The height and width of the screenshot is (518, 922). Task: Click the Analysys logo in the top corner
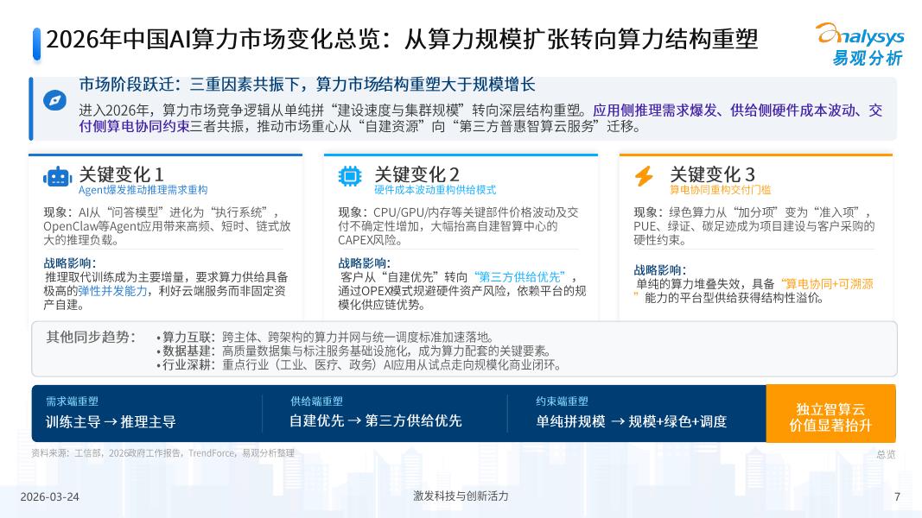[x=860, y=44]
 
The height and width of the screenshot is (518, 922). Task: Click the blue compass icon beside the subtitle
[x=55, y=100]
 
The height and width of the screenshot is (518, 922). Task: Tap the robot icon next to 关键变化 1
[x=57, y=177]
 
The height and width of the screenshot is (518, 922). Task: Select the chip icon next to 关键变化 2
[x=350, y=177]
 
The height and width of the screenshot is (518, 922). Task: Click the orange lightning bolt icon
[x=644, y=177]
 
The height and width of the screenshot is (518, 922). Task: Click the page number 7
[x=897, y=497]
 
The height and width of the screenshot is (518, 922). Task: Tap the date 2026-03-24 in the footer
[x=49, y=497]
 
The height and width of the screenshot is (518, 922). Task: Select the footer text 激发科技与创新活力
[x=461, y=496]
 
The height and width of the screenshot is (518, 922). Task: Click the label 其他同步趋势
[x=90, y=337]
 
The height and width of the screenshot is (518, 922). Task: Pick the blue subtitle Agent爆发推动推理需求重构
[x=143, y=190]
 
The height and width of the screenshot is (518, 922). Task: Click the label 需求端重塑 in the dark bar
[x=72, y=401]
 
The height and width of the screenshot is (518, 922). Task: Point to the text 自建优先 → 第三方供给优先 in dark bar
[x=375, y=421]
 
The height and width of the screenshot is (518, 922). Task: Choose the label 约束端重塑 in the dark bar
[x=562, y=401]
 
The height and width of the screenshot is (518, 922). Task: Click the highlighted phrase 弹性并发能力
[x=113, y=291]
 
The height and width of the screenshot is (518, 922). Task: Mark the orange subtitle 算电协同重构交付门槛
[x=720, y=190]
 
